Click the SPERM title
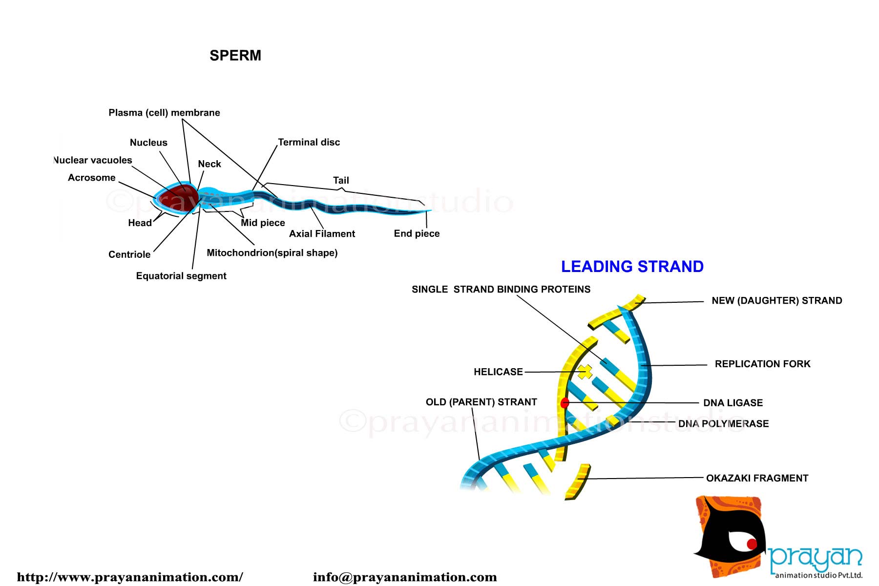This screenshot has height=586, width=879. point(235,56)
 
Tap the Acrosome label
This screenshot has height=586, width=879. point(92,178)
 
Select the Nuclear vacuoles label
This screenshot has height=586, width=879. point(93,160)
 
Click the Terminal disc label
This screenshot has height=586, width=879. point(309,142)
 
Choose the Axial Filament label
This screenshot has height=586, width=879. point(322,234)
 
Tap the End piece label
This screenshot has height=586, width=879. point(417,233)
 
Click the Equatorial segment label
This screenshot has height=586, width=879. point(181,276)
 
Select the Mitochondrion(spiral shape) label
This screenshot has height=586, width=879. point(272,253)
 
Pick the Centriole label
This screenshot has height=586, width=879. point(129,254)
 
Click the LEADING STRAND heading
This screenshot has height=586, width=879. point(632,267)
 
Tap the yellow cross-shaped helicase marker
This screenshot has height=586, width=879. point(585,372)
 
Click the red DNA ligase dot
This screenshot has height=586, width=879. point(565,403)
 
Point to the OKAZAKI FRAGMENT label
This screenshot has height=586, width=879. point(757,478)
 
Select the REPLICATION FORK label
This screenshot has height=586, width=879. point(762,364)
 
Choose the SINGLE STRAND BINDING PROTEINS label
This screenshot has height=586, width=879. point(501,290)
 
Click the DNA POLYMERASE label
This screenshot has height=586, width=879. point(723,424)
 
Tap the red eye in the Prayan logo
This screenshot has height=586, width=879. point(752,544)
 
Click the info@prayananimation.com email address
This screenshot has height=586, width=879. point(405,577)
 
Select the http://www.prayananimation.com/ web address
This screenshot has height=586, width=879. point(130,577)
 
